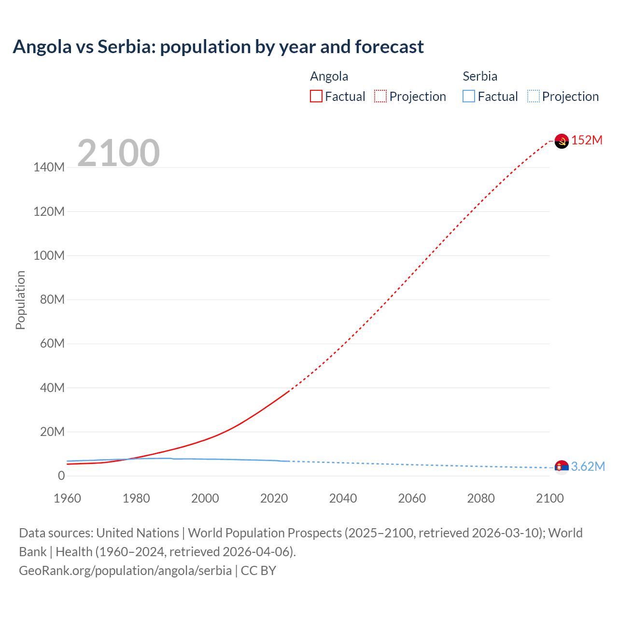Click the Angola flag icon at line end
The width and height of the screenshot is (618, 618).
click(x=562, y=141)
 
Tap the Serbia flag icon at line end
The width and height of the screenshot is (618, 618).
click(x=562, y=467)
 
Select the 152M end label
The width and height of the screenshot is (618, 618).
click(x=587, y=140)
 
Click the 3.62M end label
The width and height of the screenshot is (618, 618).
click(x=588, y=466)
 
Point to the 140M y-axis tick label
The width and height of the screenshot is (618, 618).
click(x=49, y=168)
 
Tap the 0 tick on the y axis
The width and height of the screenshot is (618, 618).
click(x=61, y=476)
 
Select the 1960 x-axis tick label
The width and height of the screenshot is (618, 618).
click(x=67, y=498)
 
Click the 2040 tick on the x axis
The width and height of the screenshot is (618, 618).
click(x=343, y=498)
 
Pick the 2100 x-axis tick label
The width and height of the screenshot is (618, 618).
click(x=549, y=498)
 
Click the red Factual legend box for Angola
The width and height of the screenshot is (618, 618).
click(x=316, y=96)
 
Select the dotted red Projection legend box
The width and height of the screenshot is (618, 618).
click(x=380, y=96)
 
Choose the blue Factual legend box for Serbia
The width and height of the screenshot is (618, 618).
click(x=469, y=96)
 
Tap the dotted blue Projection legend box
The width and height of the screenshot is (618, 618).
click(x=533, y=96)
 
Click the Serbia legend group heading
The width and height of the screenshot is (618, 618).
click(x=479, y=76)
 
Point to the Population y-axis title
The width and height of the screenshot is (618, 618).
click(x=20, y=300)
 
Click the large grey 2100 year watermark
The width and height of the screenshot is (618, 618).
click(x=118, y=153)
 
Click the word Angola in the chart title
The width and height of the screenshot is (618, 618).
click(x=42, y=47)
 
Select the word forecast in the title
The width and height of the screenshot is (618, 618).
click(x=389, y=47)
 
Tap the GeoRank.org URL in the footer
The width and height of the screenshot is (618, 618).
click(x=125, y=571)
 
